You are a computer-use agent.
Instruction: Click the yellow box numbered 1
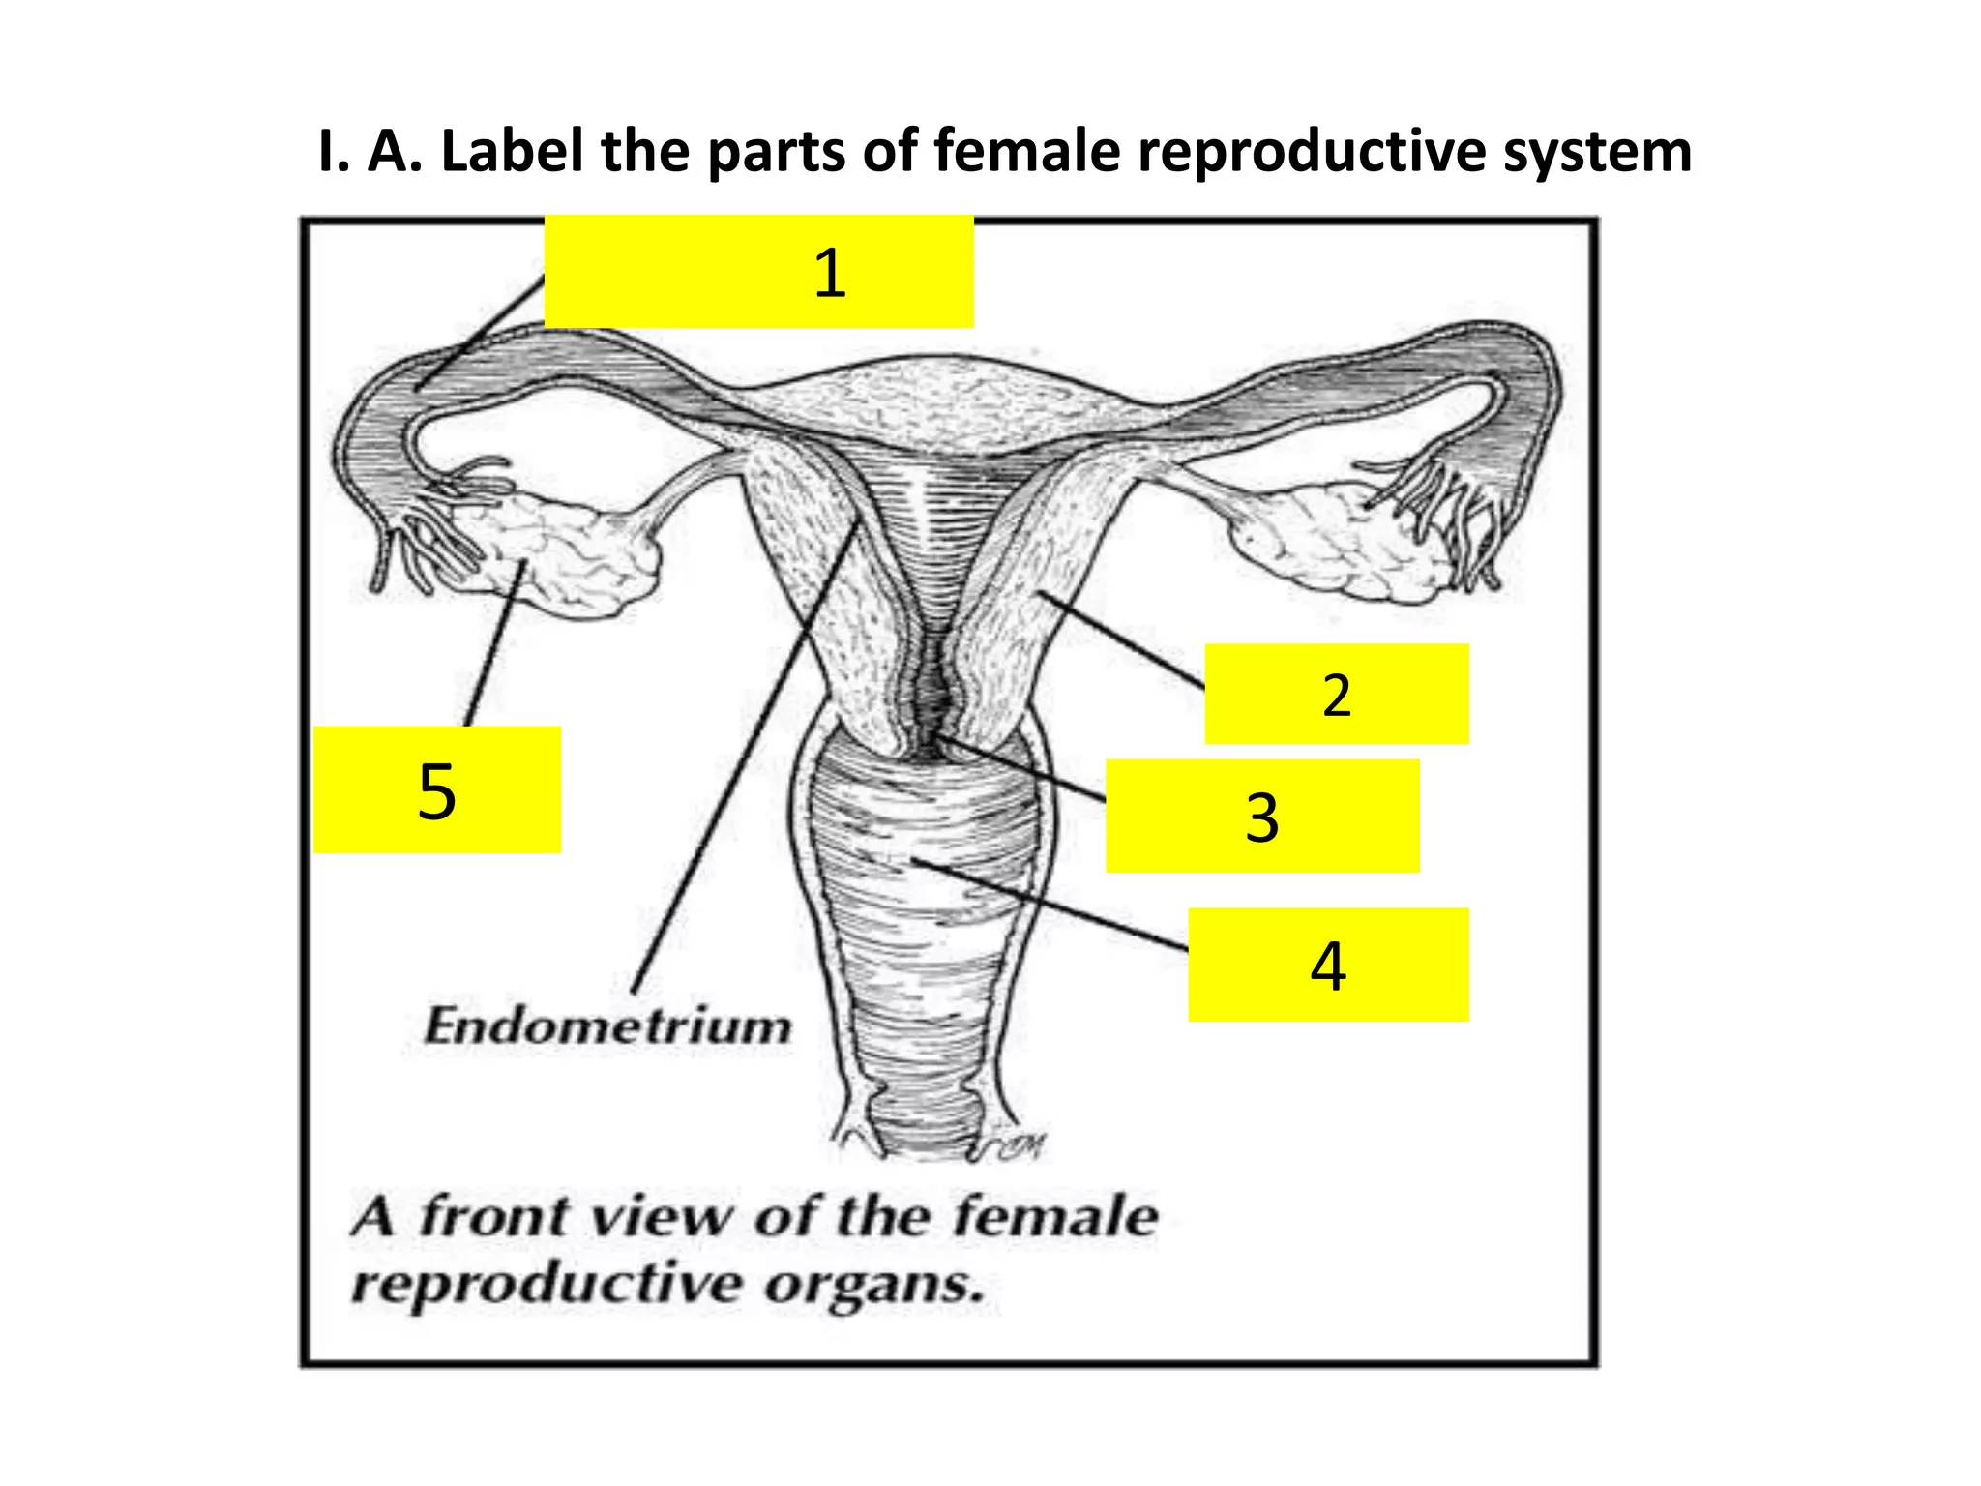(758, 272)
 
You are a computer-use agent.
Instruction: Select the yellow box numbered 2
(1336, 694)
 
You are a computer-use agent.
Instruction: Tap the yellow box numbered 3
(1262, 816)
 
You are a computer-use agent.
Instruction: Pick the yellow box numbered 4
(1328, 965)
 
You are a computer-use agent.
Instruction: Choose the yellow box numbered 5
(437, 789)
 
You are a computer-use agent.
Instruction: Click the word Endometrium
(607, 1026)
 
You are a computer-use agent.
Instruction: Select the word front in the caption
(493, 1217)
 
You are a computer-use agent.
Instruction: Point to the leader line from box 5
(493, 643)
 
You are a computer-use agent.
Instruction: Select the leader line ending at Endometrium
(745, 755)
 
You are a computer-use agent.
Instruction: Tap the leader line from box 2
(1122, 639)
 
